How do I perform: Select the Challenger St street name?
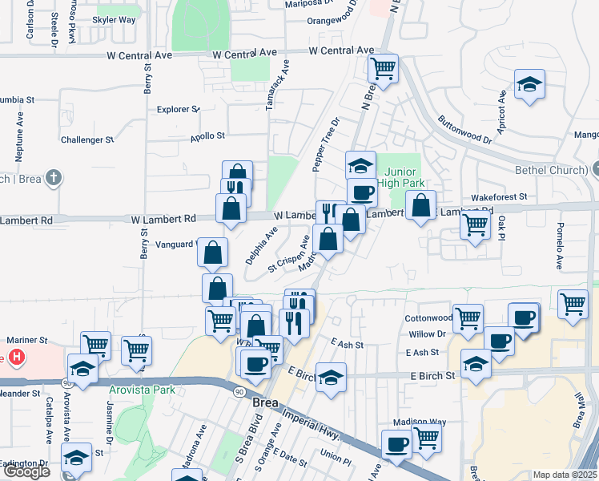87,139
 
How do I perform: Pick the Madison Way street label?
419,422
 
